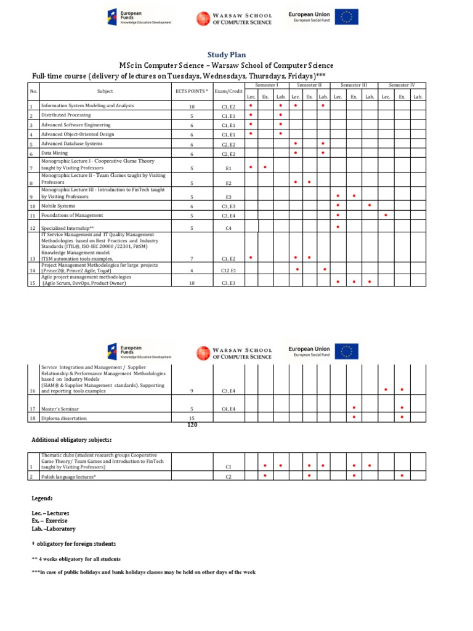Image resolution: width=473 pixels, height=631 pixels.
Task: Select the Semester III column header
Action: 354,84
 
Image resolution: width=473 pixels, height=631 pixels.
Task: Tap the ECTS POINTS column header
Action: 192,91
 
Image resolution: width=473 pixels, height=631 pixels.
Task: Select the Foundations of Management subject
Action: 72,216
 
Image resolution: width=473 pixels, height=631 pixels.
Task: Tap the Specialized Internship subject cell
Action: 67,228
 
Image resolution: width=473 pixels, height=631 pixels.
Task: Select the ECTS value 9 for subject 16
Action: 192,391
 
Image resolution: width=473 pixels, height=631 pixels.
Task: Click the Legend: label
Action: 42,497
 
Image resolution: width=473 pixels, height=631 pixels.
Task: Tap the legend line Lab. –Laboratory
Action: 54,529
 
